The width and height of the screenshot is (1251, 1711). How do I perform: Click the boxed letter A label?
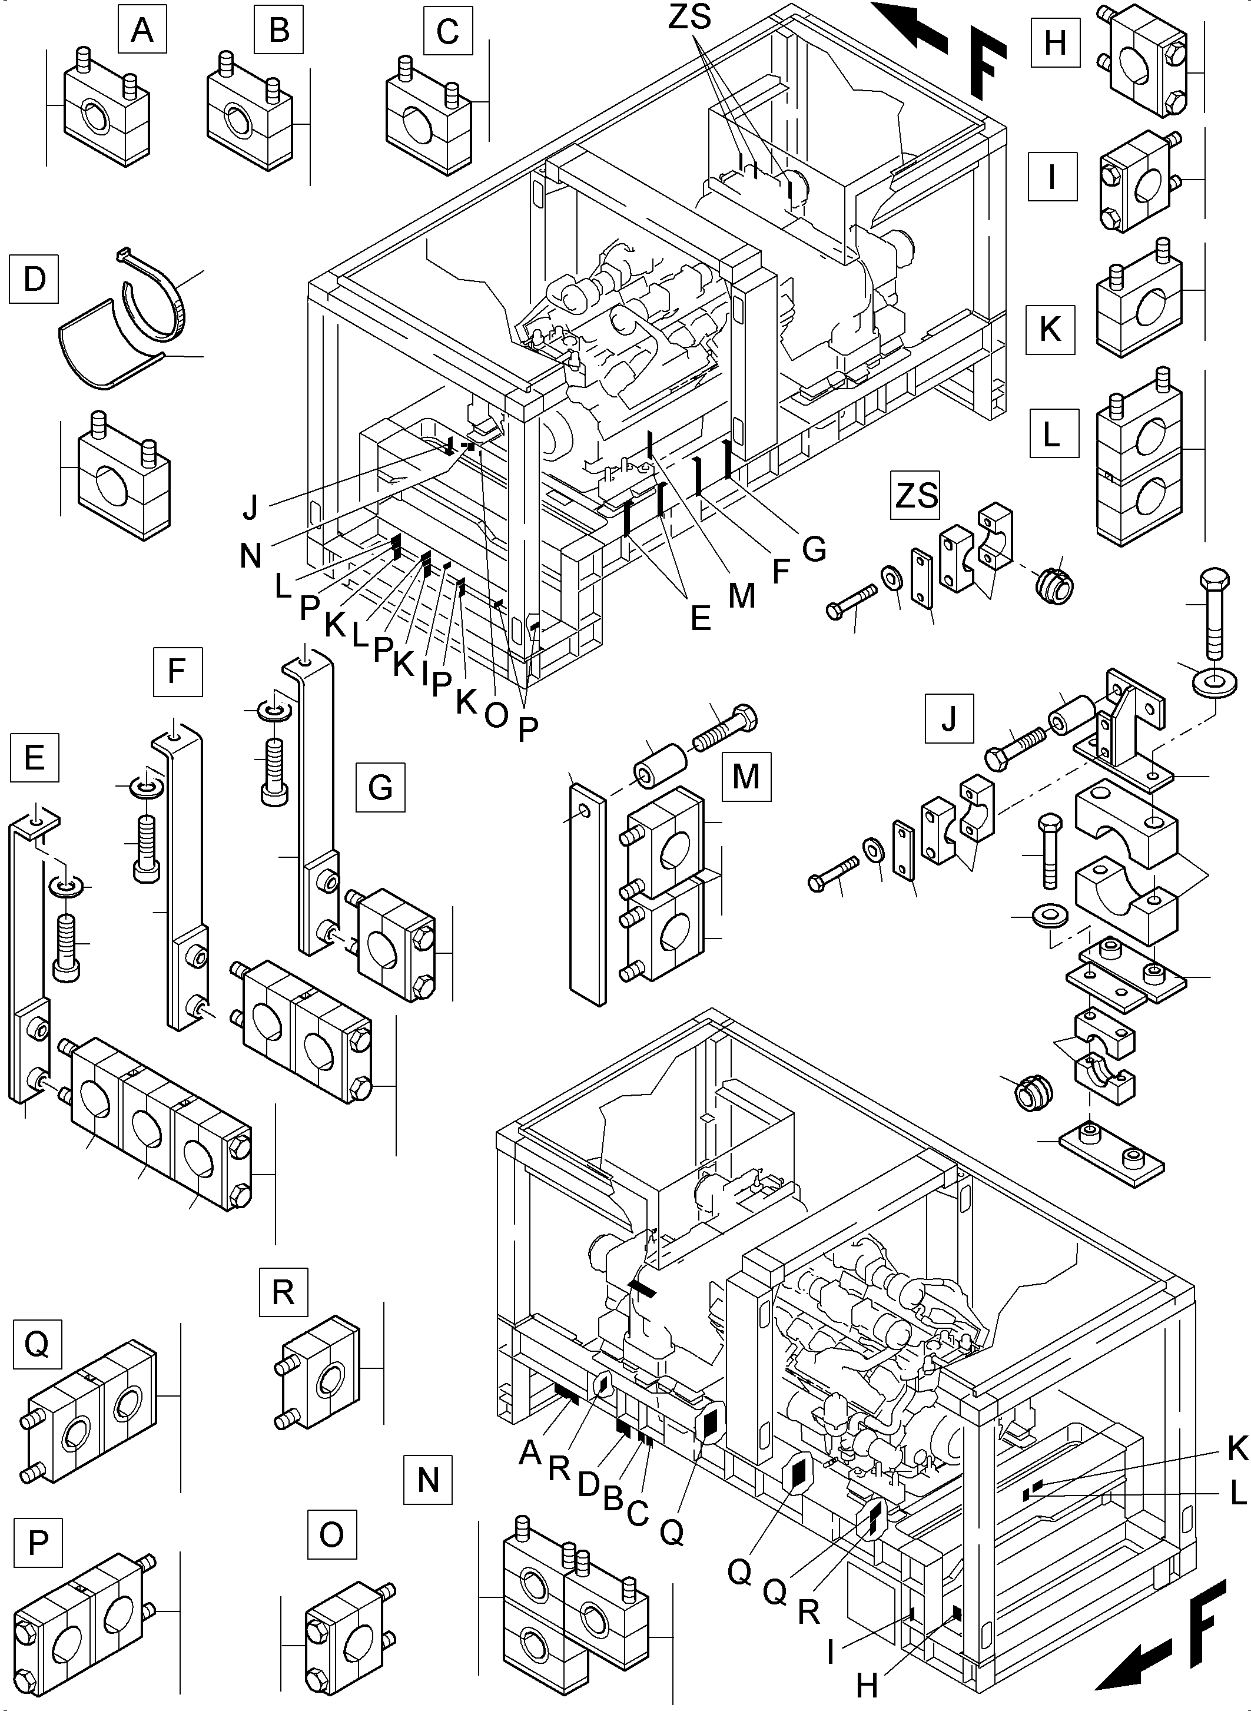coord(142,30)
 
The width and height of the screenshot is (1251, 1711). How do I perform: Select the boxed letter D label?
coord(34,278)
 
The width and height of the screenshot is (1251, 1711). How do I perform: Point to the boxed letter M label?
coord(746,777)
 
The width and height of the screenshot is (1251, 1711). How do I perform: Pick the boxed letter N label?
coord(428,1479)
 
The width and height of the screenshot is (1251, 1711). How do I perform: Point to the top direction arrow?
coord(909,23)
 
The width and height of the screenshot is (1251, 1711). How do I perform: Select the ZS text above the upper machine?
coord(689,16)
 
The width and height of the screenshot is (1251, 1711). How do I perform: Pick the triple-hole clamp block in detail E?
coord(159,1121)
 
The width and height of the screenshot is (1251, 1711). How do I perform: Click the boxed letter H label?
coord(1054,43)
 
